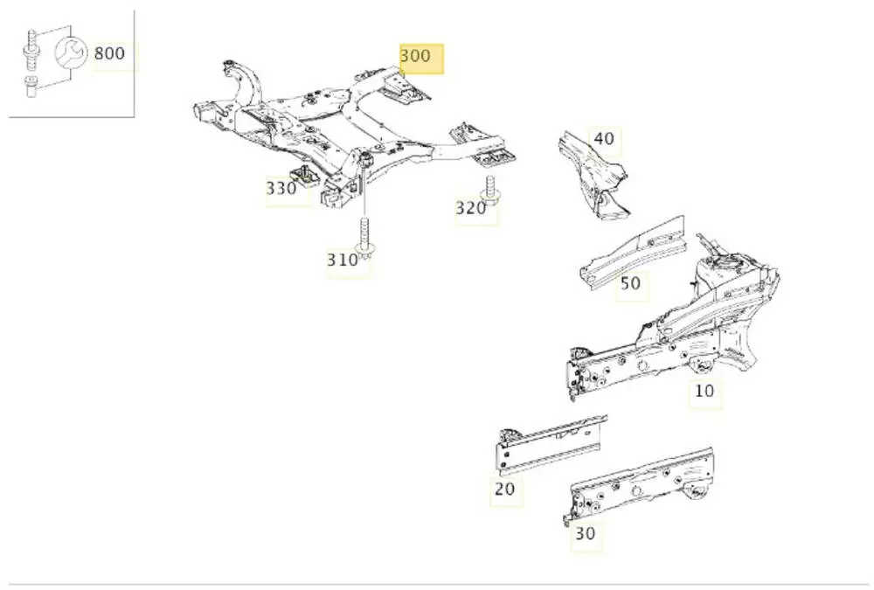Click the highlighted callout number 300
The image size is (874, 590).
416,56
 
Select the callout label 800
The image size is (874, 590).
109,53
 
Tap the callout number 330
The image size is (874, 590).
281,188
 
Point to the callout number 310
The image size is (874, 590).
343,260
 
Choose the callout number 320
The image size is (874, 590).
470,208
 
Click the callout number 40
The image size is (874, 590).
604,138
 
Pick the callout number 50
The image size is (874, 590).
630,283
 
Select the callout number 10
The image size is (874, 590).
704,391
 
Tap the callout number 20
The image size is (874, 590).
504,489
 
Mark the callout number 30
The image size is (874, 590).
586,533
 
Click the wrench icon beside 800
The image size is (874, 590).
70,54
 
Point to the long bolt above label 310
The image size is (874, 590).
364,237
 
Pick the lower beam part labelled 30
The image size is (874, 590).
638,489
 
